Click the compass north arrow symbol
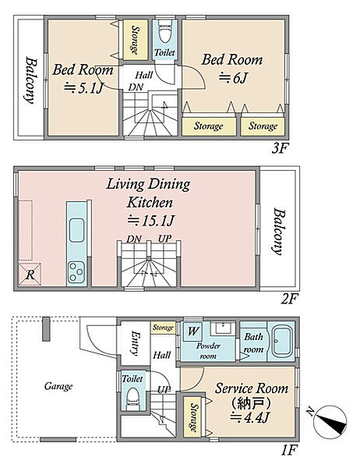330,420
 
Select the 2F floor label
289,299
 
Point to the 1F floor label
289,450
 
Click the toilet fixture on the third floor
164,33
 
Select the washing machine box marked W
192,331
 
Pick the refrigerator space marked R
30,275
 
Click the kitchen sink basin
76,230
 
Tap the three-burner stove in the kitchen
76,273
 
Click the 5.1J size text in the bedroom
84,88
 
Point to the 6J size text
233,78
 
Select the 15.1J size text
150,221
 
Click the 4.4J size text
250,417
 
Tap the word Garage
58,387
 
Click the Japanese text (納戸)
252,403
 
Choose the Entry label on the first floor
135,343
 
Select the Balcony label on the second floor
279,232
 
